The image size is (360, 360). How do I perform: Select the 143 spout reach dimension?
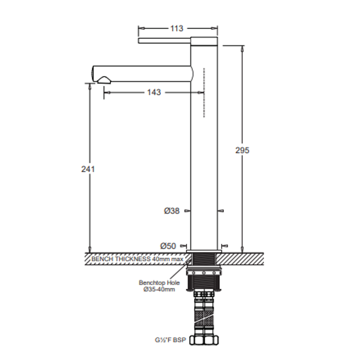(x=154, y=92)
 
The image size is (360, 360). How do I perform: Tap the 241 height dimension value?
(x=88, y=169)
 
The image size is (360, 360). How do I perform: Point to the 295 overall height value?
(x=242, y=150)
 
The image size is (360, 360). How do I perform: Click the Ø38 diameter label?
(x=172, y=211)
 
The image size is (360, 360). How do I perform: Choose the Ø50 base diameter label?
(x=168, y=246)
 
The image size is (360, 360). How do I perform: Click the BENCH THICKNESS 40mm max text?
(x=137, y=259)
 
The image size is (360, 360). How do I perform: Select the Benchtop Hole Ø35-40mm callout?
(x=159, y=286)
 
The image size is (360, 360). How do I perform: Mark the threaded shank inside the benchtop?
(x=204, y=259)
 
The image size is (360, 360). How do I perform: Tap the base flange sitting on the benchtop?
(x=204, y=251)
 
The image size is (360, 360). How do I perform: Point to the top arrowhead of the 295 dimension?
(x=242, y=48)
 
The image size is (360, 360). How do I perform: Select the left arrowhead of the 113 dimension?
(x=140, y=29)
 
